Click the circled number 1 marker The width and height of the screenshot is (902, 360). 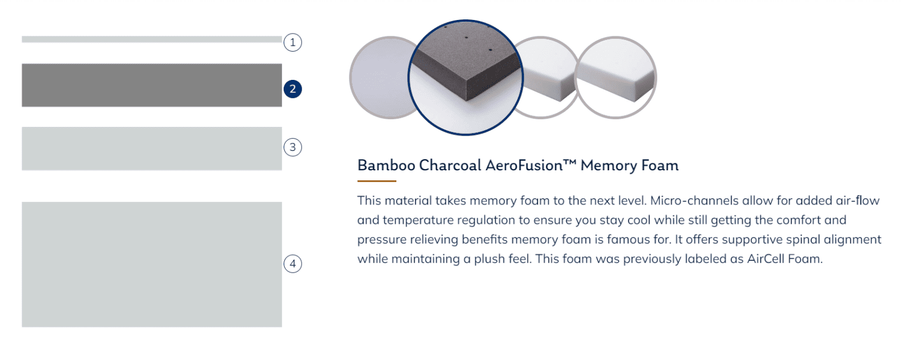tap(293, 42)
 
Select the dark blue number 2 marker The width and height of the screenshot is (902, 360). tap(293, 89)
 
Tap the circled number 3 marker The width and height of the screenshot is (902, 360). tap(293, 147)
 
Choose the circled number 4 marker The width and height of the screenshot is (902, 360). tap(293, 264)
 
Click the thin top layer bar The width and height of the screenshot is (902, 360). tap(152, 39)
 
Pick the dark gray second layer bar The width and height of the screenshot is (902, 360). tap(152, 85)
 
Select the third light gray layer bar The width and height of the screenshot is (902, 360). tap(152, 149)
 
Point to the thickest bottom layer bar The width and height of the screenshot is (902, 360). tap(152, 264)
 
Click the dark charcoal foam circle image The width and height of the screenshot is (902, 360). tap(466, 78)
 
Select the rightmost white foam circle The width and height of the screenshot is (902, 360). tap(615, 78)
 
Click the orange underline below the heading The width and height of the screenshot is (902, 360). tap(377, 181)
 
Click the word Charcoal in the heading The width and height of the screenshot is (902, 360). tap(450, 165)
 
